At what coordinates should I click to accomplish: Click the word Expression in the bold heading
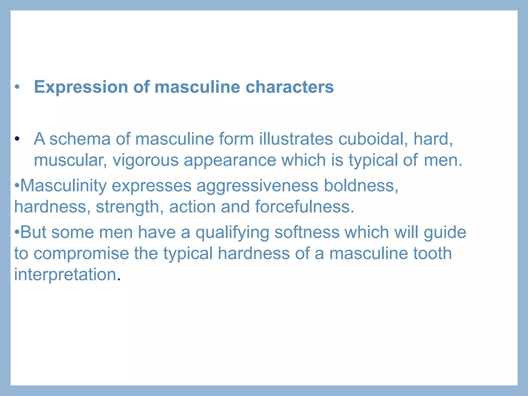[81, 87]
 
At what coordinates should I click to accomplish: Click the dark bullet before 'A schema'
[17, 139]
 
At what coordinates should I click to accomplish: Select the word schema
[80, 139]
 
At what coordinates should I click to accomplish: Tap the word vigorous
[145, 160]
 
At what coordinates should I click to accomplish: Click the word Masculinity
[63, 186]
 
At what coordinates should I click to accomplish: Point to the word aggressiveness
[257, 186]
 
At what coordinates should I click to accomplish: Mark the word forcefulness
[304, 207]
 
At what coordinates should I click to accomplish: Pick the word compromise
[81, 253]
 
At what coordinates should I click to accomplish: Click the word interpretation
[65, 275]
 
